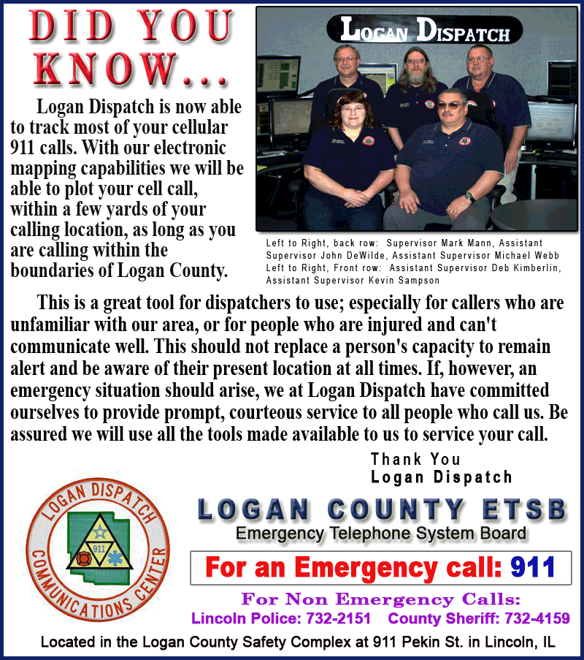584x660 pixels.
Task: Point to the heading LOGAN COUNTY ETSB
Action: point(382,509)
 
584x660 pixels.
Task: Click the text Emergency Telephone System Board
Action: point(380,534)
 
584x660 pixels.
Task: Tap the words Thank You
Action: point(415,459)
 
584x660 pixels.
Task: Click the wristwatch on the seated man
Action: point(470,197)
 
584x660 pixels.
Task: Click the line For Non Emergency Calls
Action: point(380,600)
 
